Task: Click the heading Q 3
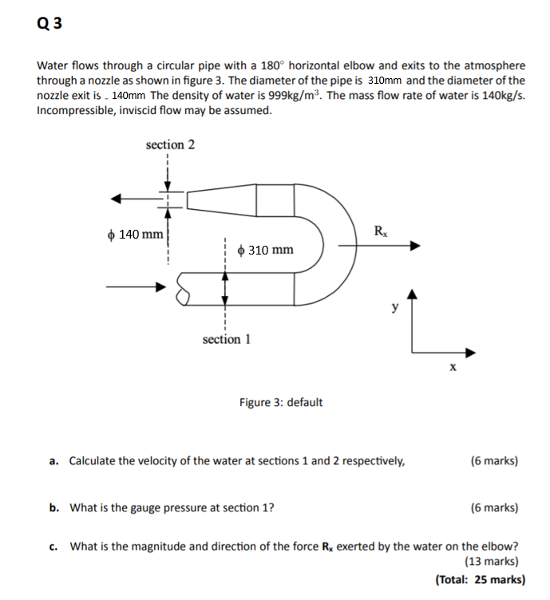[x=49, y=23]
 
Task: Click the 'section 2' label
[x=170, y=144]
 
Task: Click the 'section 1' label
[x=227, y=339]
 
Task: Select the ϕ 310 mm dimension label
[x=266, y=250]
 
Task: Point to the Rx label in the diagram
[x=381, y=231]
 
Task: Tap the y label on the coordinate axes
[x=394, y=306]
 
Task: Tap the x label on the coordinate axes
[x=453, y=367]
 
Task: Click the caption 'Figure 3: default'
[x=281, y=402]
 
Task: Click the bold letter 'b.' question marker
[x=53, y=507]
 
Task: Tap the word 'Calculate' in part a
[x=94, y=461]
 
